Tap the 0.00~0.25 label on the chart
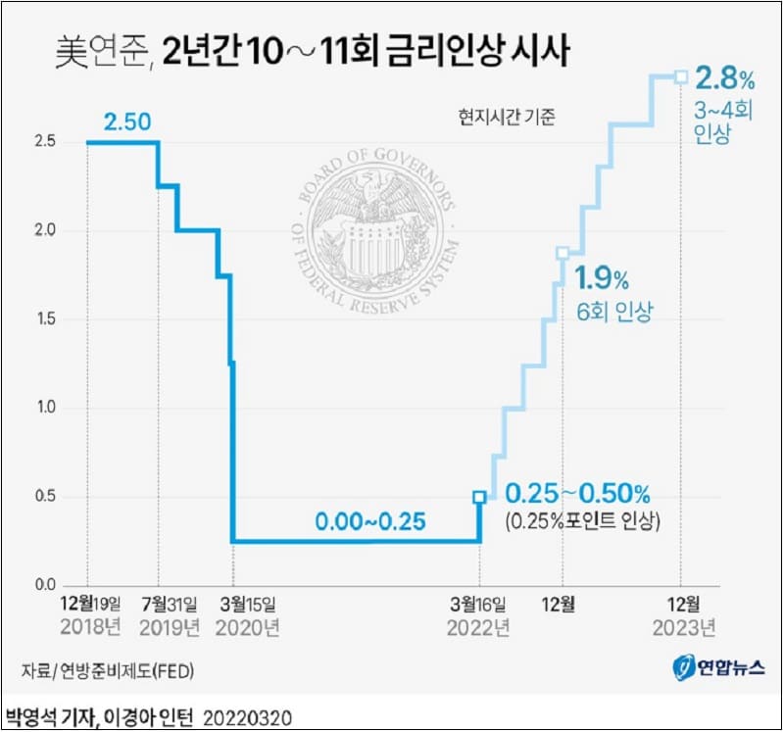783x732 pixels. [x=370, y=521]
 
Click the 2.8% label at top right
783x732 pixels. [x=726, y=76]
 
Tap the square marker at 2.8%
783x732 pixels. [x=680, y=76]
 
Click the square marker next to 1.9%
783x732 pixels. [x=563, y=253]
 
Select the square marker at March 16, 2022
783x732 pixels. [x=479, y=497]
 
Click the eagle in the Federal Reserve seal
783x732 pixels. [x=373, y=201]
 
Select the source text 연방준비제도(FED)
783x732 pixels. [x=123, y=670]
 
